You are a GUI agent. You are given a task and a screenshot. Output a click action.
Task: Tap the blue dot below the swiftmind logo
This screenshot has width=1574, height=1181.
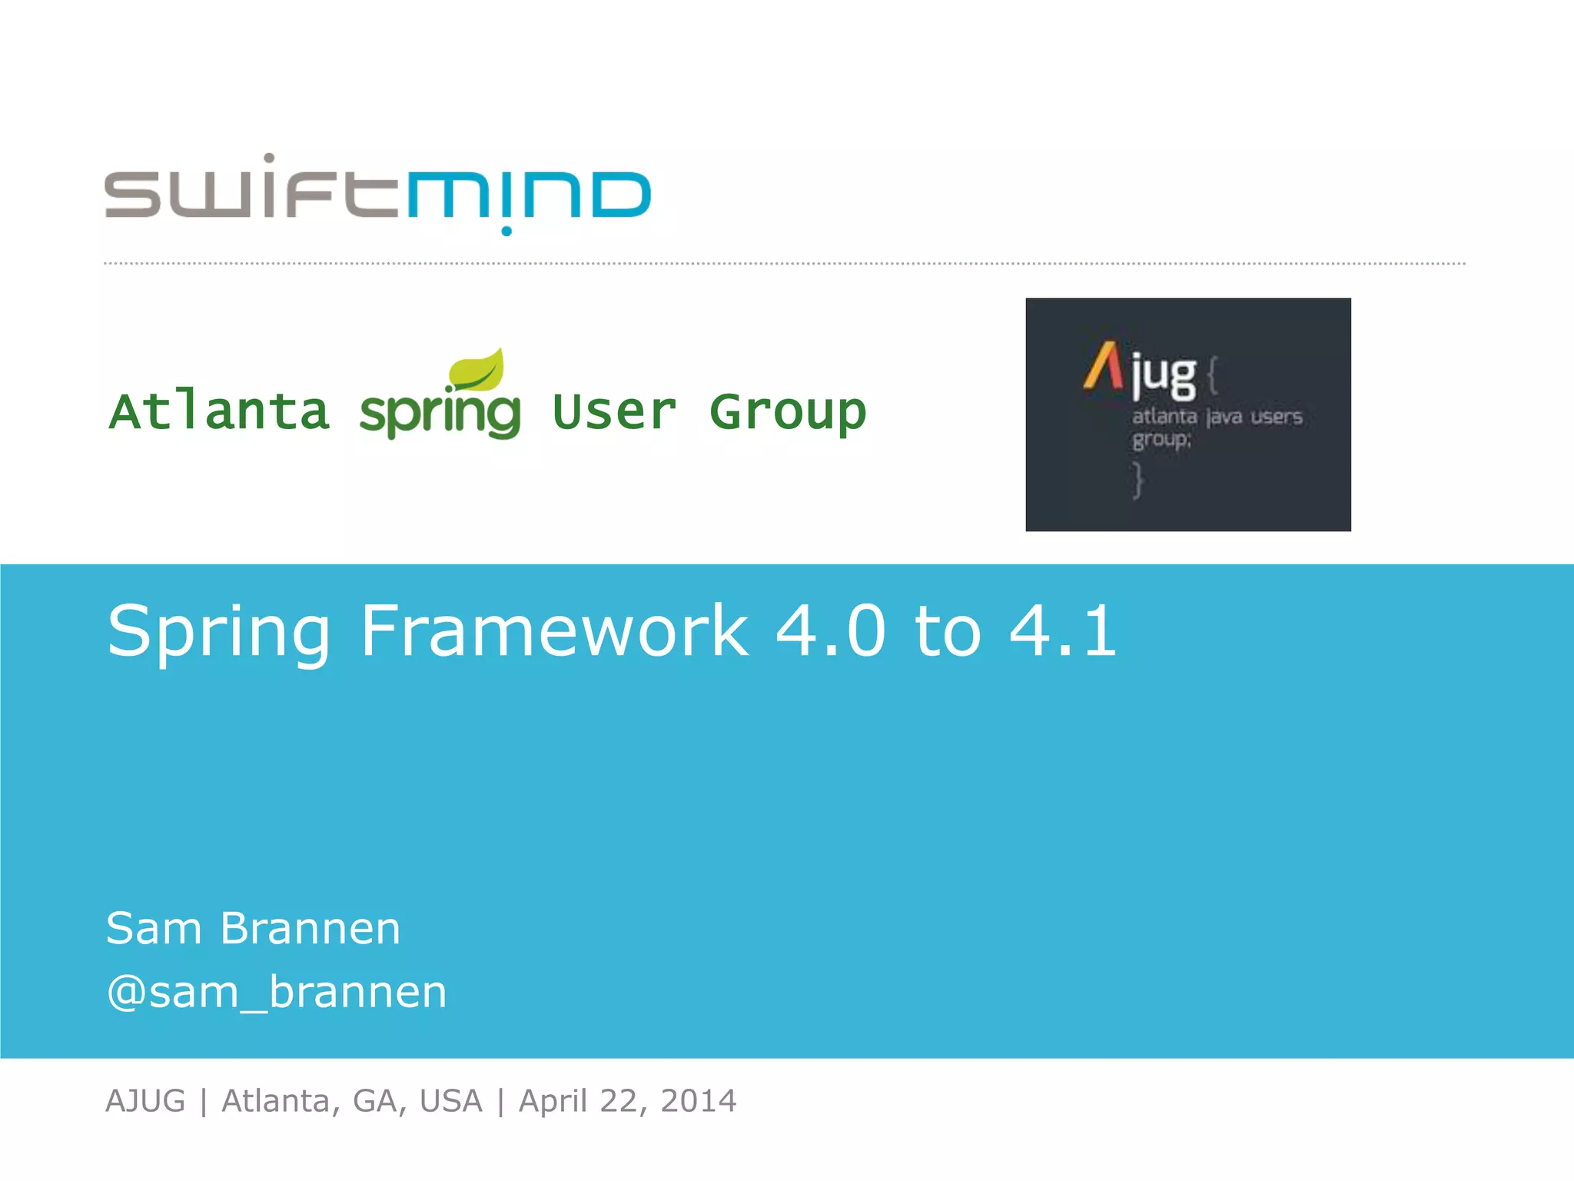(506, 231)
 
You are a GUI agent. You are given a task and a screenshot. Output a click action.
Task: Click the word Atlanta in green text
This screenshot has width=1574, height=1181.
(220, 412)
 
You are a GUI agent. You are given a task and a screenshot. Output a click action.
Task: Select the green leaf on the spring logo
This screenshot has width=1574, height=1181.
(478, 369)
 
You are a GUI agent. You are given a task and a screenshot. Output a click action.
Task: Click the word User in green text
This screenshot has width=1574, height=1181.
(614, 412)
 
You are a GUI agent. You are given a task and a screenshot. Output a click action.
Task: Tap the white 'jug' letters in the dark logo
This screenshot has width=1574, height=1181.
(1164, 377)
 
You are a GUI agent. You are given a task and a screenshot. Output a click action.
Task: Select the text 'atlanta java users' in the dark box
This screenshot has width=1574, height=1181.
(1217, 418)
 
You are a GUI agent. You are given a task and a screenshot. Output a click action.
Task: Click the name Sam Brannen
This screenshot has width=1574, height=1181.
(253, 928)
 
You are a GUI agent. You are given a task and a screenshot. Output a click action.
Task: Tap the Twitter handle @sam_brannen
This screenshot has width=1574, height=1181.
(277, 992)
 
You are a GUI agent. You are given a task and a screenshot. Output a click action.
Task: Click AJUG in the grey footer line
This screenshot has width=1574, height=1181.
(145, 1101)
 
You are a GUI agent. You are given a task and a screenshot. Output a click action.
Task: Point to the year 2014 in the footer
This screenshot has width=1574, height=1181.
(698, 1101)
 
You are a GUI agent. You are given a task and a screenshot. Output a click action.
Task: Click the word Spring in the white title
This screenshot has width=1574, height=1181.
(219, 632)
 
